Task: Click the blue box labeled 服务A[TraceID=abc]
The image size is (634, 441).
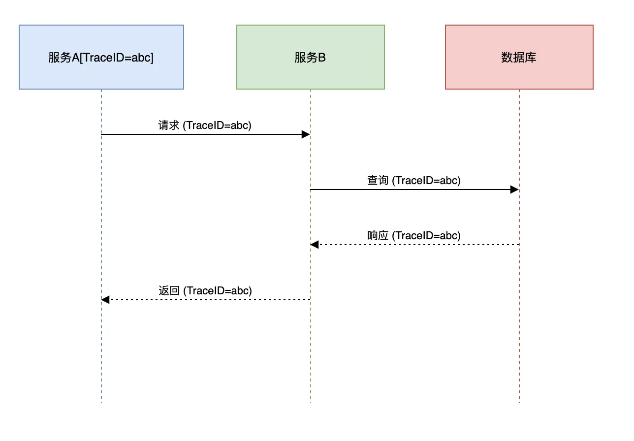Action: click(101, 57)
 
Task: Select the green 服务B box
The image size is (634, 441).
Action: click(310, 57)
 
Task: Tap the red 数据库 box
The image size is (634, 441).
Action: click(519, 57)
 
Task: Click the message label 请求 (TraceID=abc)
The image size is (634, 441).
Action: click(205, 126)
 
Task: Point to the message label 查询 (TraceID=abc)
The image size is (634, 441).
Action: click(414, 181)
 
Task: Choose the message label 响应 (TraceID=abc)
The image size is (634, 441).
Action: click(414, 236)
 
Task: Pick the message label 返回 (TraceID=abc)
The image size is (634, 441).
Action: click(205, 291)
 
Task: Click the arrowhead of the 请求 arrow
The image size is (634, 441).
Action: click(306, 134)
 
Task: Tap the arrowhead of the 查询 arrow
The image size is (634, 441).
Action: click(514, 189)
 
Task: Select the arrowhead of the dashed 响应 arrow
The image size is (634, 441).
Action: click(315, 245)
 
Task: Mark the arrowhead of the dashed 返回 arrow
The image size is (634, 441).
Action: click(106, 300)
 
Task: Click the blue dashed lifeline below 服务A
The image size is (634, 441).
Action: click(101, 354)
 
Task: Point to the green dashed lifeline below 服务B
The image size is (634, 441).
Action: click(311, 354)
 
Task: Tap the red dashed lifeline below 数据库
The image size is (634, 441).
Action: click(519, 354)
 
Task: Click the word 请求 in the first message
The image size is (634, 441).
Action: click(169, 126)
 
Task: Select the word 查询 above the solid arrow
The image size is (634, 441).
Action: click(378, 181)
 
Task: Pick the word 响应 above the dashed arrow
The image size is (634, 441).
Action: click(378, 236)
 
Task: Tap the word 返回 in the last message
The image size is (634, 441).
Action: click(169, 291)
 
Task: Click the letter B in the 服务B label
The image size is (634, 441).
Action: click(322, 58)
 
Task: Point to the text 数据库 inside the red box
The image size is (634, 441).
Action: click(519, 58)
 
